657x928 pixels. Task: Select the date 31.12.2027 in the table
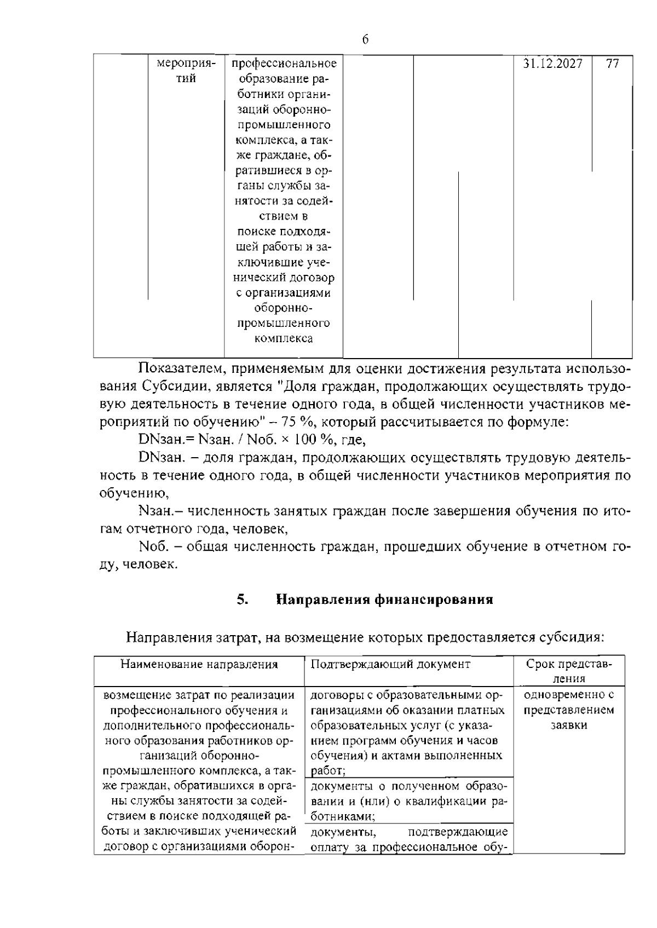pyautogui.click(x=552, y=64)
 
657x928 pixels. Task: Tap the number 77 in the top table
pyautogui.click(x=613, y=64)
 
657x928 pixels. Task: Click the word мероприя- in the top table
pyautogui.click(x=186, y=64)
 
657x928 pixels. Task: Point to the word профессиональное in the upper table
pyautogui.click(x=284, y=64)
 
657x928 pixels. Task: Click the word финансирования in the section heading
pyautogui.click(x=434, y=600)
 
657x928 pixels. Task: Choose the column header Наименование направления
pyautogui.click(x=199, y=665)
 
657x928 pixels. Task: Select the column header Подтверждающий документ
pyautogui.click(x=390, y=664)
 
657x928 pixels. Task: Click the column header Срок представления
pyautogui.click(x=569, y=671)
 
